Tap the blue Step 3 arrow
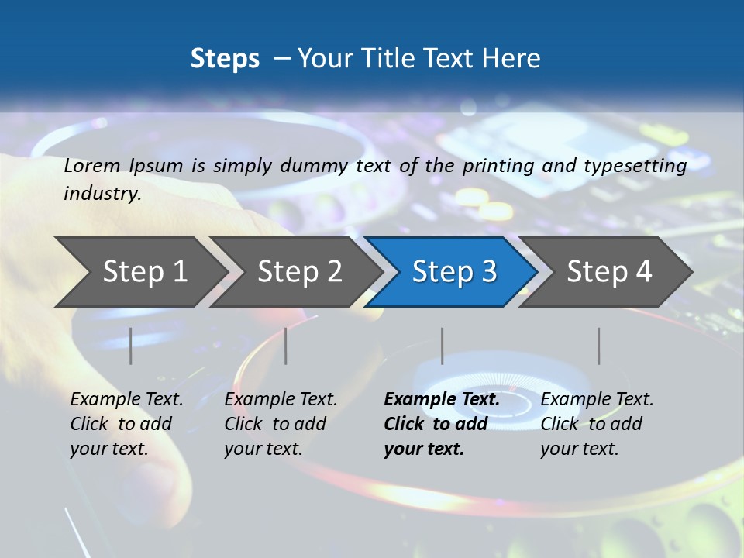454,272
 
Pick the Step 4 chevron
609,272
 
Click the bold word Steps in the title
225,59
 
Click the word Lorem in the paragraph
92,165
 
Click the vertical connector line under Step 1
131,346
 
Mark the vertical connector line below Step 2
286,346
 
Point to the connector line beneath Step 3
443,346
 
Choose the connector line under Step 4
599,346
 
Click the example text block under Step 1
126,424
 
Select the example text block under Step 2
281,424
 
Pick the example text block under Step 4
597,424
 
